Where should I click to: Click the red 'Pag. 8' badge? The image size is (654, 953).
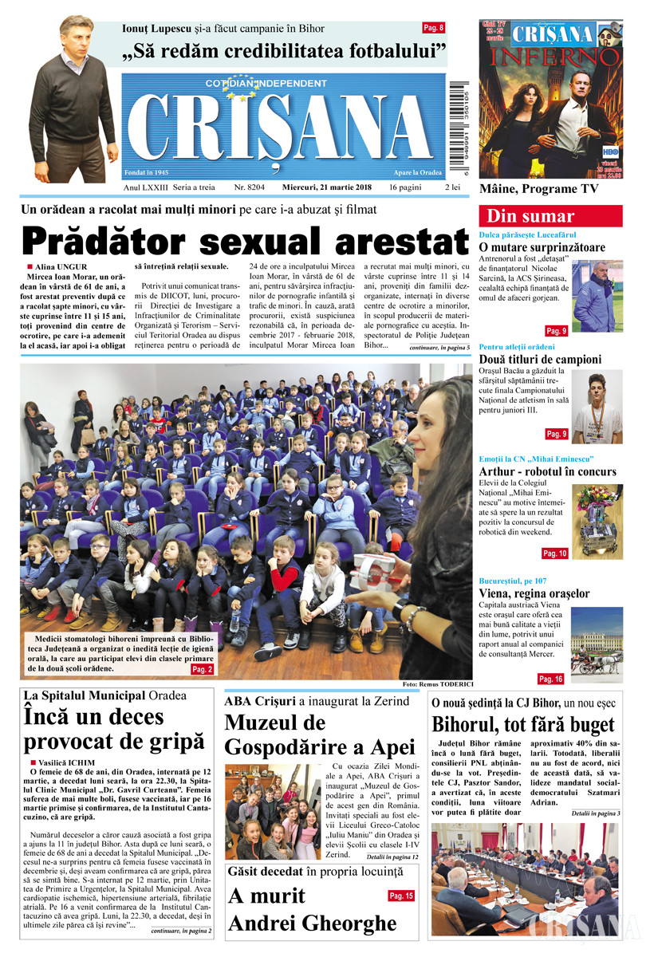point(433,28)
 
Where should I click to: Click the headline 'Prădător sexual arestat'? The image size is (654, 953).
point(245,242)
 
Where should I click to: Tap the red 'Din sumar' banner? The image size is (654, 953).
point(550,216)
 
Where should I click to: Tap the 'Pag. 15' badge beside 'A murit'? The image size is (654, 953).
point(401,896)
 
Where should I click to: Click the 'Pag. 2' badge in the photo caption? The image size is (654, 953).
point(202,670)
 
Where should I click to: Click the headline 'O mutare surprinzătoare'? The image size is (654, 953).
point(542,248)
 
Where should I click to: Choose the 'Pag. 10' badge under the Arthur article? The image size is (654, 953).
point(554,553)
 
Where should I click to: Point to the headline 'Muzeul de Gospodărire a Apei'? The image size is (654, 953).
point(320,735)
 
